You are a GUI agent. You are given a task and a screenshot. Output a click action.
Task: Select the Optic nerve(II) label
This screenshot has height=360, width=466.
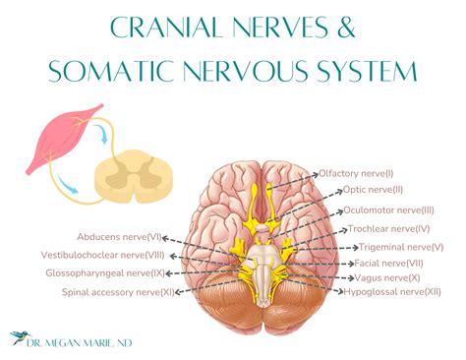click(375, 191)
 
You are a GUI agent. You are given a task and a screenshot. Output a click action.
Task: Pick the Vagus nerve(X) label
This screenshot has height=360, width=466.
click(386, 278)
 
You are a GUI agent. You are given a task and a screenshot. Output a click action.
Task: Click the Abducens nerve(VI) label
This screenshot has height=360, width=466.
click(119, 237)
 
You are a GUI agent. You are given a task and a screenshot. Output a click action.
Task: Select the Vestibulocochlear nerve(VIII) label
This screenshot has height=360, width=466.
click(108, 255)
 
